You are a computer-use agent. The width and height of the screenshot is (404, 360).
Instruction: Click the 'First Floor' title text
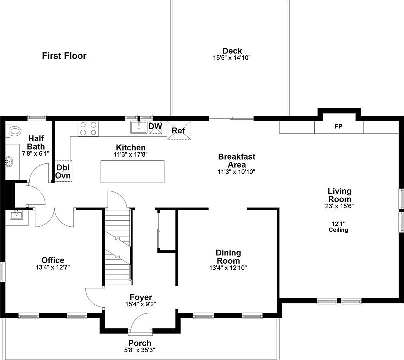(x=64, y=56)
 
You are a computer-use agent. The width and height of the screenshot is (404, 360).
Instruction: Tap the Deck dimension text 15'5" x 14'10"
(x=232, y=58)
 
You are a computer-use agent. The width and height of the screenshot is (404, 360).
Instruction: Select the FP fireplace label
(x=338, y=127)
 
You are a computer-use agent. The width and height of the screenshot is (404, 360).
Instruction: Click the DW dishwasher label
(x=155, y=126)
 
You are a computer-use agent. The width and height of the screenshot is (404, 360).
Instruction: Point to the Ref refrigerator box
(x=178, y=131)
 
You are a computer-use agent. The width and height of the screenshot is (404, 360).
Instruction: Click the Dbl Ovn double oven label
(x=63, y=171)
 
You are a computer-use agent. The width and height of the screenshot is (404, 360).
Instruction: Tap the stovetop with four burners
(x=88, y=128)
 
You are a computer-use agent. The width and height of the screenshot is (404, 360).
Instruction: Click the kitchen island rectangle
(x=133, y=171)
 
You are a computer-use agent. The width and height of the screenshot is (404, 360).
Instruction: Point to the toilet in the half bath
(x=13, y=131)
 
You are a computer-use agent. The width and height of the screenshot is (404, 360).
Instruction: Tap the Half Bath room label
(x=36, y=142)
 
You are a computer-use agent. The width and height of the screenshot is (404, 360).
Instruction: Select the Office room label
(x=53, y=260)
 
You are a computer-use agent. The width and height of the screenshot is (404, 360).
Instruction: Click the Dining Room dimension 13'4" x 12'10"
(x=228, y=268)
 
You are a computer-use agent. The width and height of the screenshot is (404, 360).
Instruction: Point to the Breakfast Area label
(x=230, y=161)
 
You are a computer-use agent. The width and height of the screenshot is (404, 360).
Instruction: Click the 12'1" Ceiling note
(x=338, y=227)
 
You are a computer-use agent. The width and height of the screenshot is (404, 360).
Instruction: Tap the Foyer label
(x=141, y=297)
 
